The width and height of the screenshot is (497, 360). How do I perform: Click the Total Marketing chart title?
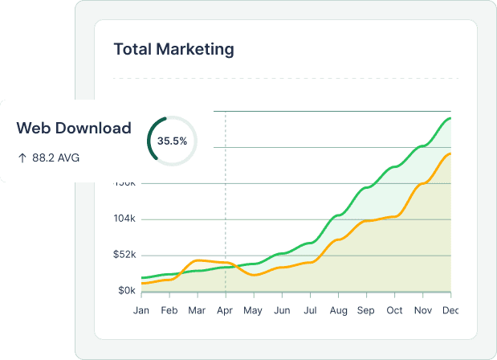click(x=174, y=50)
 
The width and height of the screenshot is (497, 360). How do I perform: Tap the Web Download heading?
click(x=74, y=128)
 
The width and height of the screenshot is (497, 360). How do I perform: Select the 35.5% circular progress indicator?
click(x=172, y=141)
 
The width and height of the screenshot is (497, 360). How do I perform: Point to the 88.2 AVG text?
click(x=55, y=157)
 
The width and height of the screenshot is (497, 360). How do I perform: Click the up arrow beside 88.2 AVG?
click(x=22, y=157)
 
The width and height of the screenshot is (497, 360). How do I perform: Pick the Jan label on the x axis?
click(x=141, y=310)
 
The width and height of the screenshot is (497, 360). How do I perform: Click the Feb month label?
click(x=169, y=310)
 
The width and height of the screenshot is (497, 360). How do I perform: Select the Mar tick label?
click(x=197, y=310)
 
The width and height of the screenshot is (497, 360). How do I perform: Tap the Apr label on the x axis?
click(x=225, y=310)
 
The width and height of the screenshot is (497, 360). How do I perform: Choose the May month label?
click(x=253, y=310)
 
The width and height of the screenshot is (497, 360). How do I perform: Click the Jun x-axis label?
click(x=282, y=310)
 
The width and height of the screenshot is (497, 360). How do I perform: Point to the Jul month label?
click(x=310, y=310)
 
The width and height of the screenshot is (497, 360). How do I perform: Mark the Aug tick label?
click(x=338, y=310)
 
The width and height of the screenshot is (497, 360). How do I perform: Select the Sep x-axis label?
click(x=366, y=310)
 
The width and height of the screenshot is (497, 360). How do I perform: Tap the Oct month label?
click(x=394, y=310)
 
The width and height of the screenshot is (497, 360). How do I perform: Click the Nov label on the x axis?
click(x=422, y=310)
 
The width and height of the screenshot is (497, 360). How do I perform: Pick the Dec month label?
click(x=450, y=310)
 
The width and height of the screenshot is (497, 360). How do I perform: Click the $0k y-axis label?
click(x=128, y=290)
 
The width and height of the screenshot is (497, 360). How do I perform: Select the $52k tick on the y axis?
click(x=125, y=255)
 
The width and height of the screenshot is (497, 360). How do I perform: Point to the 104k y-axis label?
click(x=126, y=219)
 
